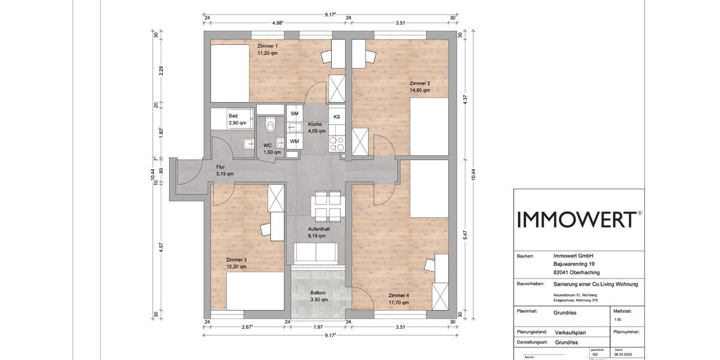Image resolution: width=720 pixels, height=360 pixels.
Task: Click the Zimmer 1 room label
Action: coord(268,46)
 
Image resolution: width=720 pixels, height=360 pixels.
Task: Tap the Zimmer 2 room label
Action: coord(419,83)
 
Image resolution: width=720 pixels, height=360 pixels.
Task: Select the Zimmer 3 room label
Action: coord(236,260)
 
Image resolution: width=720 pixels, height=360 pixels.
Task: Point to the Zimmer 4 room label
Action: coord(398,296)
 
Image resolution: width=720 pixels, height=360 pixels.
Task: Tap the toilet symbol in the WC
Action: coord(269,124)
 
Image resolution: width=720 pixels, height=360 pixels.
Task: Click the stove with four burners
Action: coord(337,144)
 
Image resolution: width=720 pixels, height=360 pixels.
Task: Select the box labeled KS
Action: coord(337,116)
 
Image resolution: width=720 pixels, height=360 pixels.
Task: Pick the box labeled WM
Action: coord(295,142)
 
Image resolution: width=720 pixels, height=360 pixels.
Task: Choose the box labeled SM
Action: coord(295,113)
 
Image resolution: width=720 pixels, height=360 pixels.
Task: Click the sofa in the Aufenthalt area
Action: coord(317,253)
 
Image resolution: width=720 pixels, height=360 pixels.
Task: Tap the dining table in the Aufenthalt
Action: coord(328,206)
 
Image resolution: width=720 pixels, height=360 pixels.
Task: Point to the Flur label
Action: coord(221,167)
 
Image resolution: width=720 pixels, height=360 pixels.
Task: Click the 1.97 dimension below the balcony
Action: coord(318,327)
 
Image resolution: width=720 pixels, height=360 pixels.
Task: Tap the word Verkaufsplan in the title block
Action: coord(571,331)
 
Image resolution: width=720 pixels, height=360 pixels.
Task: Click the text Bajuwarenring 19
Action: coord(574,263)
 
